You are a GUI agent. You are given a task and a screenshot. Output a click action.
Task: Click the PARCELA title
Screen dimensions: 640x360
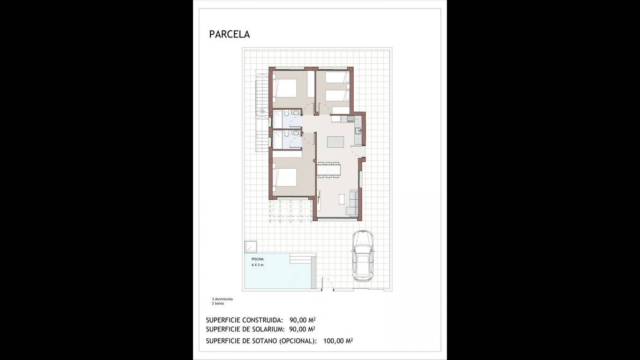230,34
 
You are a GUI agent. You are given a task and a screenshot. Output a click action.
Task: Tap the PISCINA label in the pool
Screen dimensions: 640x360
258,259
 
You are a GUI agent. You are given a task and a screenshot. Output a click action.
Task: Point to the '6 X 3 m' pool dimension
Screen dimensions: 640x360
258,265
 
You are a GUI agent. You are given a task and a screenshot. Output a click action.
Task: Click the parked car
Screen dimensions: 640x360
363,256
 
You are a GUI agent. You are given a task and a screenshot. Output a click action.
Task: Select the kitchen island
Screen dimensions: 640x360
336,142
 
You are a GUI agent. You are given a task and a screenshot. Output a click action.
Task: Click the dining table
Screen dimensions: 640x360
328,170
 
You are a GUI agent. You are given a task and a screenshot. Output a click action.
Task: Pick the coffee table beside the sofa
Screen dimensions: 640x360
342,199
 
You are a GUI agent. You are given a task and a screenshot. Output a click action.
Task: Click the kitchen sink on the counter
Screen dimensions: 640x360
358,131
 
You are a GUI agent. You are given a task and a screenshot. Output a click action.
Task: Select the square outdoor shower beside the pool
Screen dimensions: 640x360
251,247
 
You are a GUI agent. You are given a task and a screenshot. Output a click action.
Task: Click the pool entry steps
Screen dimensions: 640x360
301,258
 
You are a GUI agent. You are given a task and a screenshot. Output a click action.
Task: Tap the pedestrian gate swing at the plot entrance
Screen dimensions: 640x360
327,284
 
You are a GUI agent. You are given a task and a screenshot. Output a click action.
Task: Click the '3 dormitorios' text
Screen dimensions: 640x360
222,299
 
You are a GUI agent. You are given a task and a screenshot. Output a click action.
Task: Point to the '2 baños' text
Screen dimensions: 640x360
218,303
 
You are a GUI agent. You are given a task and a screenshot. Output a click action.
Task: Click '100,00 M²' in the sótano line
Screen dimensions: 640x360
338,341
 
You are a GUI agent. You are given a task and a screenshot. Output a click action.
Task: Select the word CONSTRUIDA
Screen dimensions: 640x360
262,320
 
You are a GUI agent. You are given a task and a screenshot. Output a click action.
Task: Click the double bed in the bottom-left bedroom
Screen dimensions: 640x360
285,178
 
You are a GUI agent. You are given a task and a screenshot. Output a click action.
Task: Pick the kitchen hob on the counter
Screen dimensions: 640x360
350,119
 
